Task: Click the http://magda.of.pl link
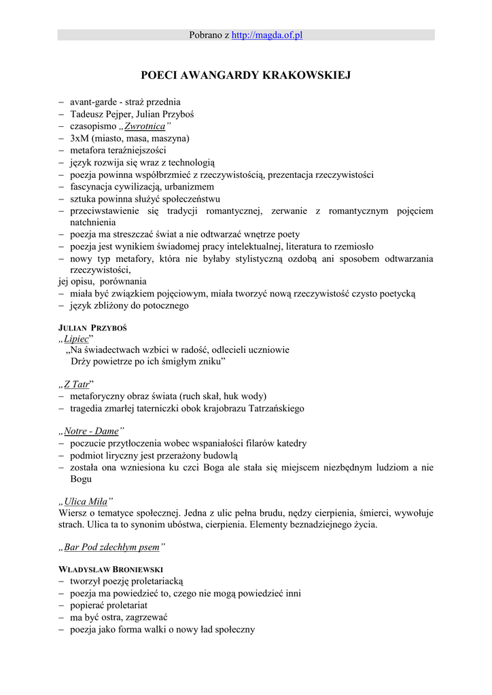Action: [266, 35]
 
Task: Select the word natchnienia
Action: [92, 222]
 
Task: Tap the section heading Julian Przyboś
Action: [92, 328]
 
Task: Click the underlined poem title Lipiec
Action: [76, 338]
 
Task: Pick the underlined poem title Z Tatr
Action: [76, 384]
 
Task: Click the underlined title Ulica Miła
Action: [86, 502]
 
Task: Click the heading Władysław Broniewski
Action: [111, 570]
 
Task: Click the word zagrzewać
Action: [145, 617]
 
